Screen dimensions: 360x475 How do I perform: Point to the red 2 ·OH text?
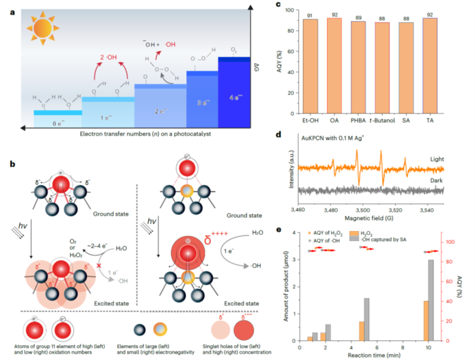point(108,58)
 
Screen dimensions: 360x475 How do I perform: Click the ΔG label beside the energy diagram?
point(257,68)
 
